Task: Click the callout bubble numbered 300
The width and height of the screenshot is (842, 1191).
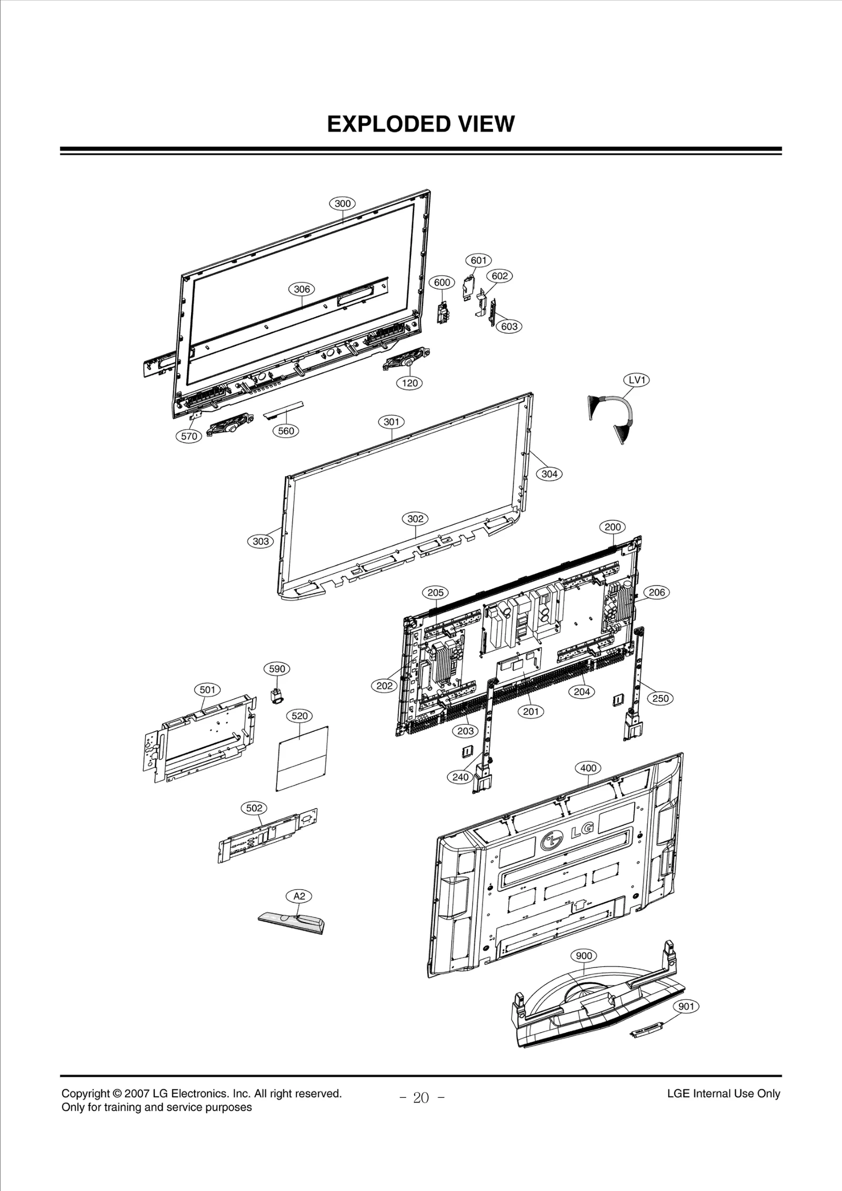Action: point(343,204)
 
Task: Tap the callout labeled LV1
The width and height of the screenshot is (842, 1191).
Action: point(636,380)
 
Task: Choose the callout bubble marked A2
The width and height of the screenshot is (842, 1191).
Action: point(299,896)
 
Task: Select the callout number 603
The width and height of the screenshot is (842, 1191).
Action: point(509,327)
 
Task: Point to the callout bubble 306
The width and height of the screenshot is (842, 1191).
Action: point(302,289)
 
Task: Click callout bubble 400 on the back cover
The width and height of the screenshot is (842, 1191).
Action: point(588,768)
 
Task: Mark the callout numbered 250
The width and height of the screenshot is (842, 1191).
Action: point(660,699)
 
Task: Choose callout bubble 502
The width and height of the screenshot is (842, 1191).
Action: point(254,808)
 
